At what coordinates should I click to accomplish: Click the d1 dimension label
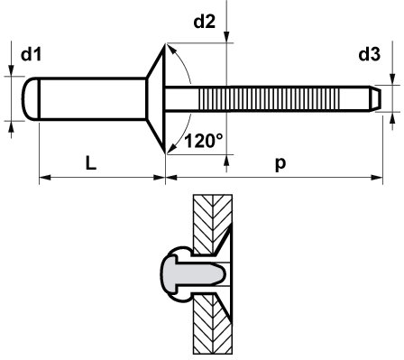click(x=31, y=54)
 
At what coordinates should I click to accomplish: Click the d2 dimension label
click(x=205, y=22)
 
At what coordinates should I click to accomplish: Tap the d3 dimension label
click(x=370, y=54)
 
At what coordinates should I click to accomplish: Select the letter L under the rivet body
click(x=91, y=163)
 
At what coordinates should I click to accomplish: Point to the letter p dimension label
click(x=280, y=164)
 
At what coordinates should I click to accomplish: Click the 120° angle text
click(x=204, y=141)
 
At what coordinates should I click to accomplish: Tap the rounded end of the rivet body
click(x=31, y=99)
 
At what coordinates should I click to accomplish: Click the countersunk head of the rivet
click(x=156, y=99)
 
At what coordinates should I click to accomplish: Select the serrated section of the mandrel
click(x=269, y=99)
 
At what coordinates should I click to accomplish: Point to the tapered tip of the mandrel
click(x=376, y=99)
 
